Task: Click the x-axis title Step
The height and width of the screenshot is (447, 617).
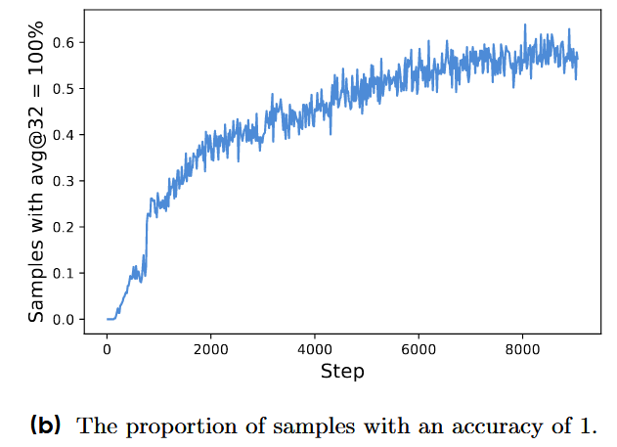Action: [342, 372]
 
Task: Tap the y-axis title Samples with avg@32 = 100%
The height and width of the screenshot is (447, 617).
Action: [36, 171]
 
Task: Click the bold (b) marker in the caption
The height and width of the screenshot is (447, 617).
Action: [46, 425]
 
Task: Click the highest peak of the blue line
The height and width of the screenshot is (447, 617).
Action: [525, 24]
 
